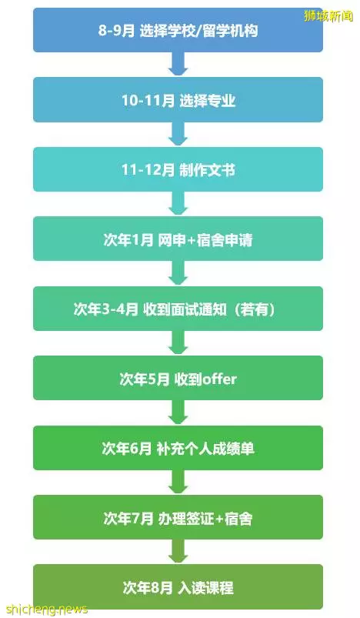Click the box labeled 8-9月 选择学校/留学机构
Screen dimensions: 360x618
[x=178, y=30]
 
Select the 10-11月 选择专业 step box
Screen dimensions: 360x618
[x=178, y=100]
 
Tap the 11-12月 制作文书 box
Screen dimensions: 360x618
[x=178, y=169]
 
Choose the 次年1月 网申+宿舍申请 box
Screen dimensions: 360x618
[x=178, y=239]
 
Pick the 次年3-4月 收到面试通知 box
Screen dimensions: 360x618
[x=178, y=309]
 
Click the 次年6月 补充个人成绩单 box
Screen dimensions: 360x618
[x=178, y=448]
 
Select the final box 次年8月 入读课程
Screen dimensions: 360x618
[x=178, y=587]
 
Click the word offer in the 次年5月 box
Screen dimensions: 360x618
[x=219, y=379]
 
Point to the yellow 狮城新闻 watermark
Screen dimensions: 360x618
[x=328, y=15]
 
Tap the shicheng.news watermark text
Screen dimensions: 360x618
[x=47, y=610]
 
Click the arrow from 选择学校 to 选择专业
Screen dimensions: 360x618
[x=178, y=64]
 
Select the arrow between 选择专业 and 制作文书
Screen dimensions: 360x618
[x=178, y=134]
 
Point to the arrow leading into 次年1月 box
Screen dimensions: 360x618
[x=178, y=203]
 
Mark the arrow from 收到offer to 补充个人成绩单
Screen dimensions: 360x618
[x=178, y=413]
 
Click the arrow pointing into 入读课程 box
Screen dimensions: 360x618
[x=178, y=551]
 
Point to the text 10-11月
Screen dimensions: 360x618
[x=148, y=101]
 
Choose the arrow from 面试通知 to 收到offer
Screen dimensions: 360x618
[x=178, y=342]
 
